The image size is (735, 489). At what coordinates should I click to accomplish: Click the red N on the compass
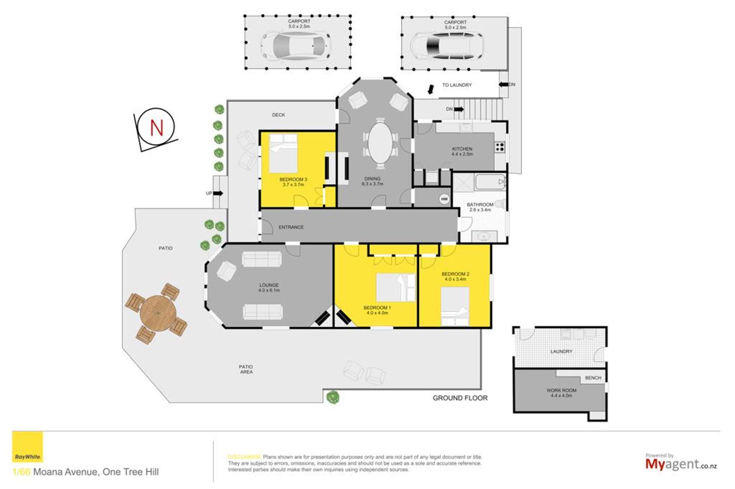click(x=157, y=128)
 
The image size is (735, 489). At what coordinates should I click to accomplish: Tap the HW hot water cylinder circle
click(x=444, y=199)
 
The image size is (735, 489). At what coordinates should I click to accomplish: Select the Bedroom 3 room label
click(x=293, y=181)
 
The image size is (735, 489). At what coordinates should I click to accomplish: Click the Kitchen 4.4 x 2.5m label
click(x=462, y=151)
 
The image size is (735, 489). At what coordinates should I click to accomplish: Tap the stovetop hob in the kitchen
click(x=499, y=147)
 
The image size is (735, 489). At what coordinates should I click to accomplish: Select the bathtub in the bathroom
click(x=490, y=182)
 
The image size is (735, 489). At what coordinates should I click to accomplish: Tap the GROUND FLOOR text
click(x=460, y=398)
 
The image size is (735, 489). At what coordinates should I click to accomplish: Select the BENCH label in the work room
click(x=593, y=378)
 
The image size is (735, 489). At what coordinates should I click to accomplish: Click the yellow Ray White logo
click(x=28, y=447)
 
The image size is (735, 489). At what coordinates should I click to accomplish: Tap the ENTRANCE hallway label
click(x=291, y=227)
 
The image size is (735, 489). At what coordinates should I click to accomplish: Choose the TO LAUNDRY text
click(x=457, y=85)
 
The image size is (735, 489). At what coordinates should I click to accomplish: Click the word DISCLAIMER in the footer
click(x=244, y=457)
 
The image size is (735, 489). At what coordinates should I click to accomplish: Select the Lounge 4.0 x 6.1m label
click(x=269, y=287)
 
